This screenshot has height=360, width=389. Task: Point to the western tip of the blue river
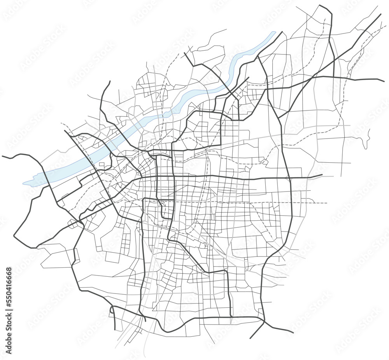[23, 183]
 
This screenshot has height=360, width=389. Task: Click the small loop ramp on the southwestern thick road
[112, 310]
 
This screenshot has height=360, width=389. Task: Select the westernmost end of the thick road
[2, 156]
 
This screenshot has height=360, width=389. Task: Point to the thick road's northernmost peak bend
[320, 5]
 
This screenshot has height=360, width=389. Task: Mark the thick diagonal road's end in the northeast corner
[380, 14]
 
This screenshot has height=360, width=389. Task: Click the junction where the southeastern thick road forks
[264, 322]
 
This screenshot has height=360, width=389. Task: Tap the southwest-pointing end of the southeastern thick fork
[250, 338]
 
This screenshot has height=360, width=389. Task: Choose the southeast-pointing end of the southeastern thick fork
[293, 333]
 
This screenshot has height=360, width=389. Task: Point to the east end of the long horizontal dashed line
[327, 203]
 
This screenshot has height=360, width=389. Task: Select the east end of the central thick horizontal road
[322, 175]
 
